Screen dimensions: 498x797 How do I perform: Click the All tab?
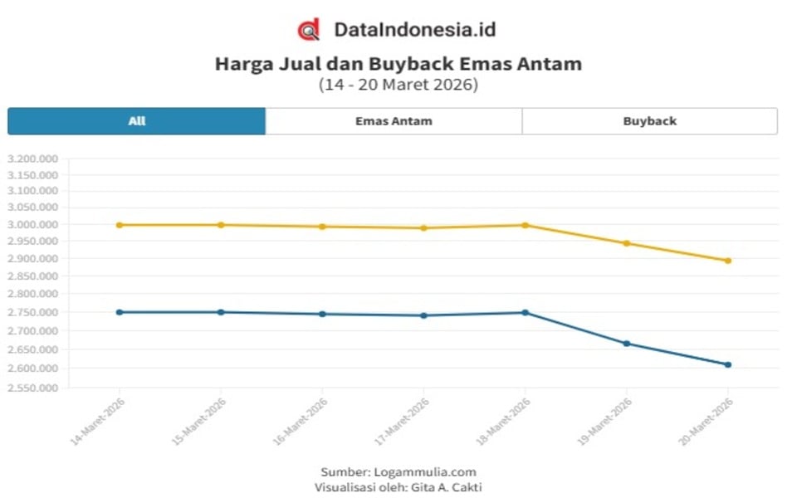pyautogui.click(x=137, y=121)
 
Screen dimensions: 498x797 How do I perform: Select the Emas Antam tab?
pyautogui.click(x=394, y=121)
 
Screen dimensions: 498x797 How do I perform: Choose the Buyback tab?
pyautogui.click(x=649, y=121)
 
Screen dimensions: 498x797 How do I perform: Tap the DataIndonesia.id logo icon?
pyautogui.click(x=309, y=30)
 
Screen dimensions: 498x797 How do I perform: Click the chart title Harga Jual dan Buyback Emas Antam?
pyautogui.click(x=398, y=64)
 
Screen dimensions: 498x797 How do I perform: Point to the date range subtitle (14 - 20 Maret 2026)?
pyautogui.click(x=398, y=85)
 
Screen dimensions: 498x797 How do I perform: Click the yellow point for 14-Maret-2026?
pyautogui.click(x=120, y=225)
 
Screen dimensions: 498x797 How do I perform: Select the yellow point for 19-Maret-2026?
pyautogui.click(x=627, y=243)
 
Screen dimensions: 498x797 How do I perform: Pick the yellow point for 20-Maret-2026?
pyautogui.click(x=728, y=261)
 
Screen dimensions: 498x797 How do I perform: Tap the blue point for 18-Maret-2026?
pyautogui.click(x=525, y=312)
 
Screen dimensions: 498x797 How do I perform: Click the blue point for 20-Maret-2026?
pyautogui.click(x=728, y=364)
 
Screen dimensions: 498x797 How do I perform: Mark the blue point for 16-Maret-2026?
pyautogui.click(x=322, y=314)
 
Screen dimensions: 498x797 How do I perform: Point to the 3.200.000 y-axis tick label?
pyautogui.click(x=32, y=159)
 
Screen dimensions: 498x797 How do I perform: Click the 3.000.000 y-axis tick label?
pyautogui.click(x=32, y=225)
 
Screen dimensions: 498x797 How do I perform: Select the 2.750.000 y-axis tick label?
pyautogui.click(x=32, y=312)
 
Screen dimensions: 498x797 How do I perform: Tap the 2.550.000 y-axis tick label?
pyautogui.click(x=32, y=388)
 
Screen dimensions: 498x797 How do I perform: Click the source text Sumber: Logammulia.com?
pyautogui.click(x=398, y=472)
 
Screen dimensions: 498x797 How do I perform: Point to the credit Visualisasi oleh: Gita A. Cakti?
pyautogui.click(x=398, y=487)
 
